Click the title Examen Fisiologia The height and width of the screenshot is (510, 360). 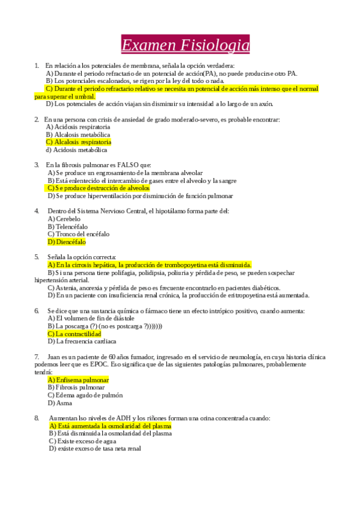tap(185, 45)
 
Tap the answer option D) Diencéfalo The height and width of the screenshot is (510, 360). tap(67, 242)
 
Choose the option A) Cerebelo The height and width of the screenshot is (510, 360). tap(64, 219)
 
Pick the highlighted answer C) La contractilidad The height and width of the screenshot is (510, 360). tap(74, 333)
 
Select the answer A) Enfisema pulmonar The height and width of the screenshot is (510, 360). tap(78, 380)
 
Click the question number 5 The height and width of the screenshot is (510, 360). tap(37, 257)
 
